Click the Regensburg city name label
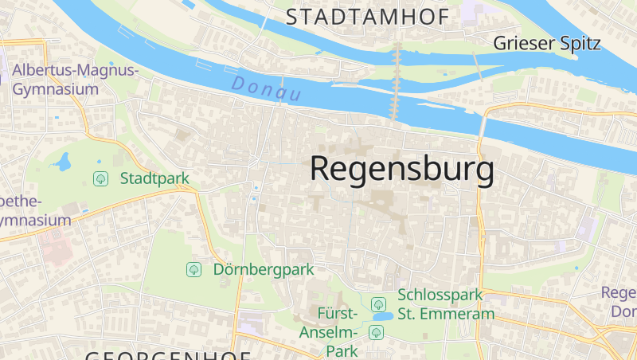401,169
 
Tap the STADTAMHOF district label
367,16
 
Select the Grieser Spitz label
547,43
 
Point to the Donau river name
268,89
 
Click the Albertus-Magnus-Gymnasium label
75,80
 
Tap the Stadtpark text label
154,178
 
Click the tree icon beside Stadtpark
101,178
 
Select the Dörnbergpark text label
264,269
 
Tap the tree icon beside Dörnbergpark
193,269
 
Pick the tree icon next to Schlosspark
378,303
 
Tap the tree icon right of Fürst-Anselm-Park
376,331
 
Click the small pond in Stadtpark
62,162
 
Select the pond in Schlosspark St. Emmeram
382,316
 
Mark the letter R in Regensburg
321,169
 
